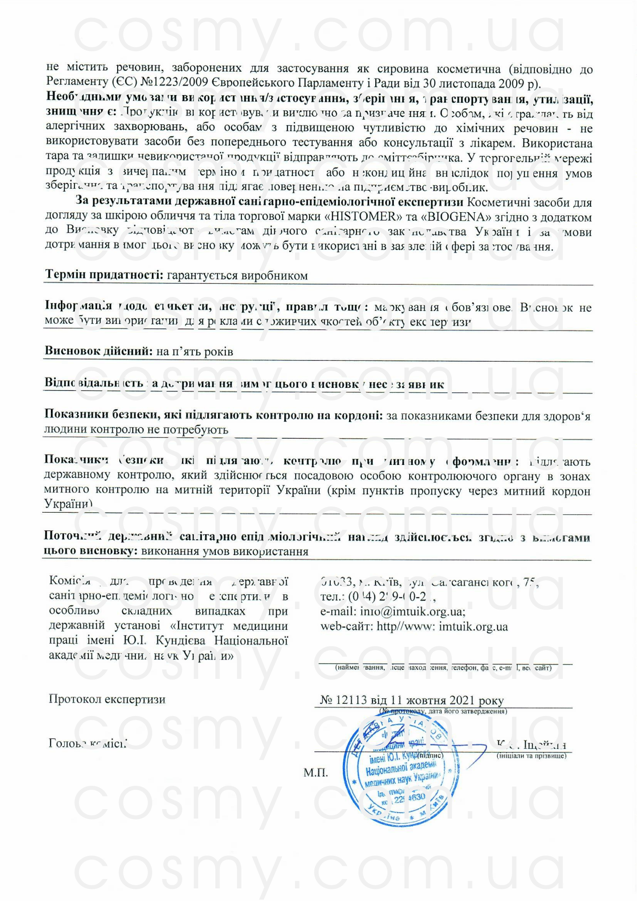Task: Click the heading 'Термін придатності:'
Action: [104, 275]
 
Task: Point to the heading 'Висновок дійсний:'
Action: [99, 351]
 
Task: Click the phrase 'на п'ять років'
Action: [195, 352]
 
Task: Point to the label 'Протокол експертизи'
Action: [107, 700]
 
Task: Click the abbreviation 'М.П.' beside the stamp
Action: [315, 773]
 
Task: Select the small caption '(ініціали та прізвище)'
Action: [532, 756]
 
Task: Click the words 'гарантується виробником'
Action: [237, 276]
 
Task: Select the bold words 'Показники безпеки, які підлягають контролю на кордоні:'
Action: [213, 415]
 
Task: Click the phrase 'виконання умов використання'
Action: [224, 552]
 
